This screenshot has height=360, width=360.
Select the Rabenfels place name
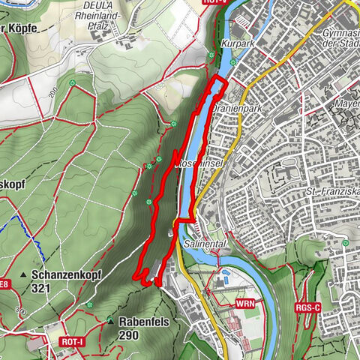coord(139,321)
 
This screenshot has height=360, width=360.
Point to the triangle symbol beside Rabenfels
coord(110,321)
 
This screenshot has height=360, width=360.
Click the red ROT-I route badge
coord(72,340)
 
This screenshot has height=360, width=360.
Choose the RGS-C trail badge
coord(307,307)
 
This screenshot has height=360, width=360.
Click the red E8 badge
coord(4,283)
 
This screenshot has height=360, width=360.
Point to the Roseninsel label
coord(196,163)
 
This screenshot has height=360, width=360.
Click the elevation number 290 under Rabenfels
coord(128,334)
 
